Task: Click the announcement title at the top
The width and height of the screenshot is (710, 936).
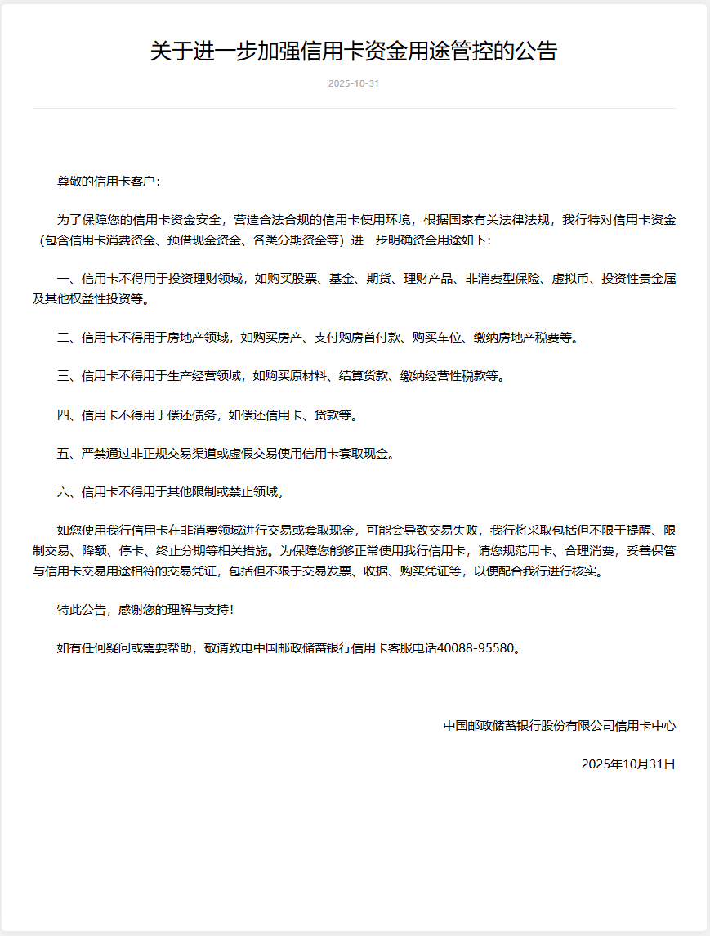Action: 354,52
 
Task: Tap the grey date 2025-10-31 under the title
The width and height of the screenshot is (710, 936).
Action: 354,84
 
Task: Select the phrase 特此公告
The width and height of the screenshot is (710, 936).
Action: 82,609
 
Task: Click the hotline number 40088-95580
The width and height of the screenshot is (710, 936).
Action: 477,648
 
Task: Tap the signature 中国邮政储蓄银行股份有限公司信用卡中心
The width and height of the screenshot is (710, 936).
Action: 560,725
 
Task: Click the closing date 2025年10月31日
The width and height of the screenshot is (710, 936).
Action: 628,764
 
